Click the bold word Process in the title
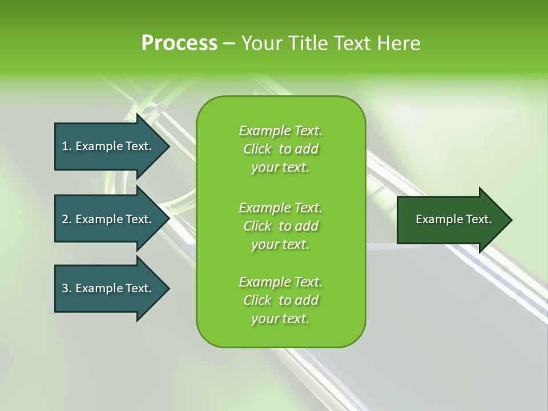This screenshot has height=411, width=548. point(179,43)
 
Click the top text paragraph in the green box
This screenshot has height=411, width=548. point(280,149)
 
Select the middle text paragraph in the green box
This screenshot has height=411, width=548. point(280,225)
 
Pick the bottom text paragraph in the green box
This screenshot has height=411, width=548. point(280,300)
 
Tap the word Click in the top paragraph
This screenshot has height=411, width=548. point(257,149)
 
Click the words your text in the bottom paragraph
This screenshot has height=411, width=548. point(280,319)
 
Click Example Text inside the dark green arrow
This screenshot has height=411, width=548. point(453,219)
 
